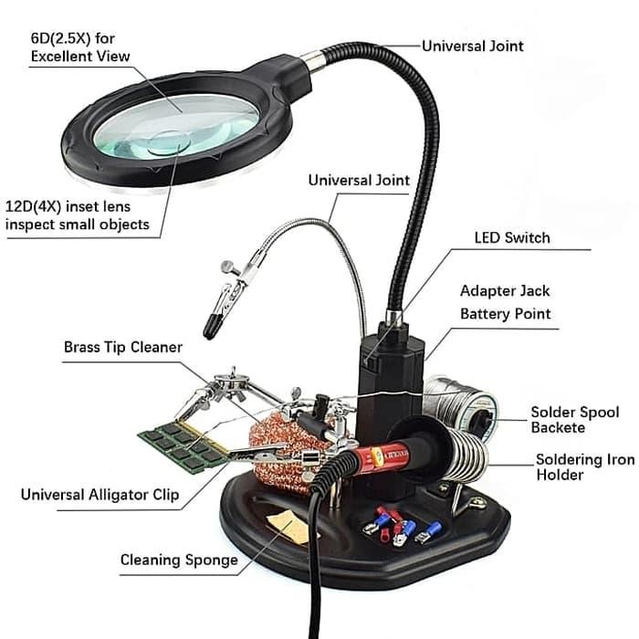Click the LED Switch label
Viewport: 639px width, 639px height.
point(512,238)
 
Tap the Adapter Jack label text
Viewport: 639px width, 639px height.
point(505,291)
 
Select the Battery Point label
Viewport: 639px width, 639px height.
point(505,314)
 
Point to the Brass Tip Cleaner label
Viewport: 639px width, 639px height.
point(123,348)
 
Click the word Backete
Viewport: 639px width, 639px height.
point(560,427)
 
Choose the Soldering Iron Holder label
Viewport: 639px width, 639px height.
point(584,466)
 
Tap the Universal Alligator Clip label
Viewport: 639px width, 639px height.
point(100,497)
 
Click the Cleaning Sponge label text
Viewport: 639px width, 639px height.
point(179,560)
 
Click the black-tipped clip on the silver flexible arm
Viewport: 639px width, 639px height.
point(217,309)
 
